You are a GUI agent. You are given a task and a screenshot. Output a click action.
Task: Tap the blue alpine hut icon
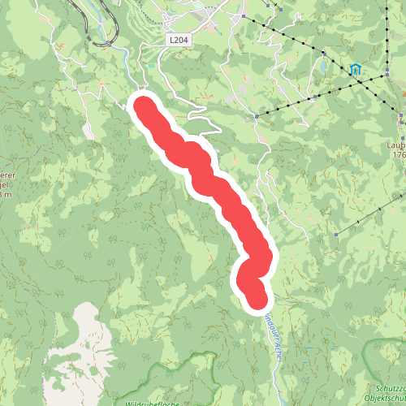pos(356,69)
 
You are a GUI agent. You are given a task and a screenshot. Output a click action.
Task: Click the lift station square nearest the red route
pos(256,116)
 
